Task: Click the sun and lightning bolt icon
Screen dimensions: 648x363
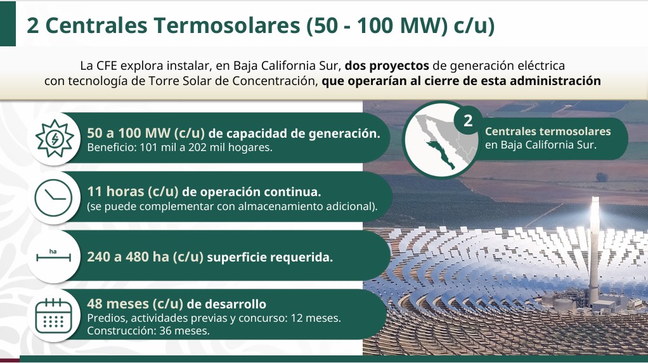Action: (x=54, y=138)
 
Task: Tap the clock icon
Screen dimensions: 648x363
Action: (x=53, y=197)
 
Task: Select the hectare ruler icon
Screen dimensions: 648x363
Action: (x=53, y=256)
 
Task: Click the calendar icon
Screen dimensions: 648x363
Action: (x=54, y=316)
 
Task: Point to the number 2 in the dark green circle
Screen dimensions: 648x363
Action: (x=468, y=121)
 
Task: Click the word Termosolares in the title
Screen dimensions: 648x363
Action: (x=227, y=25)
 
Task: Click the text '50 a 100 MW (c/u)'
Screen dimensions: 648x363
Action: (x=146, y=133)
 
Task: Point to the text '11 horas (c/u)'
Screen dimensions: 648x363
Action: (x=133, y=192)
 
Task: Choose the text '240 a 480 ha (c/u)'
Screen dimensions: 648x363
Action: (x=145, y=257)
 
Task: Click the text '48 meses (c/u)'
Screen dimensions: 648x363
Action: (x=135, y=304)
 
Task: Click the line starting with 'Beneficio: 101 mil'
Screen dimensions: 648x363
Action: (x=180, y=147)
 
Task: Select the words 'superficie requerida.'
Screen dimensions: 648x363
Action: (x=270, y=257)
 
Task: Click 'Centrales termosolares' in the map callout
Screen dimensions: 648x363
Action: (x=548, y=131)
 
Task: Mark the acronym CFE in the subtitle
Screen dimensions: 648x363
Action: (x=107, y=66)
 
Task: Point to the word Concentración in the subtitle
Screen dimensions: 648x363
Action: (x=275, y=81)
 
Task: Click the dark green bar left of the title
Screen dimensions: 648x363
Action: (x=8, y=23)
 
